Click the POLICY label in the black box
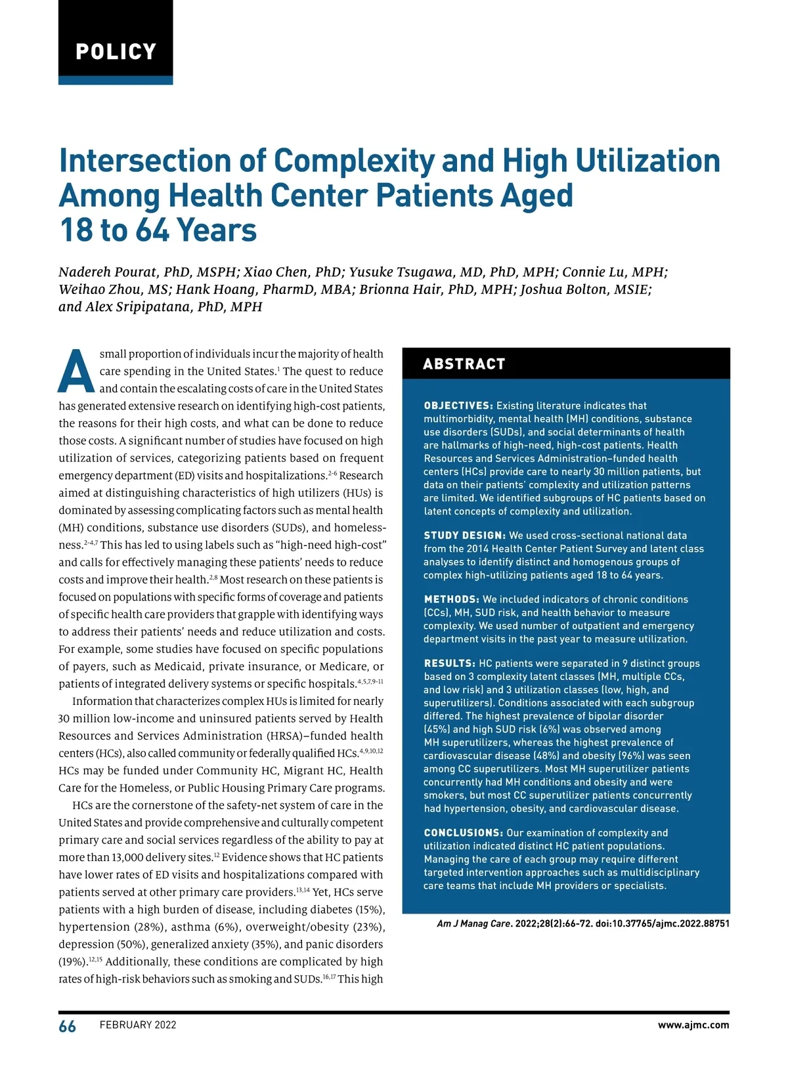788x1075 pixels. [x=116, y=51]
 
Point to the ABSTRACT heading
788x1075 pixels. [x=464, y=364]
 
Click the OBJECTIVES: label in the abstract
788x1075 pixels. [x=458, y=406]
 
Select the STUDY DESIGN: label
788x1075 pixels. [x=464, y=536]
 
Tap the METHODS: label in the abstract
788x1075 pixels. [x=451, y=599]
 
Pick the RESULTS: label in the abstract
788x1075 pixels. [x=449, y=664]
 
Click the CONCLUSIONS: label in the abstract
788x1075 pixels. [x=464, y=833]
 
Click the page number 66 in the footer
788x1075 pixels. [x=67, y=1026]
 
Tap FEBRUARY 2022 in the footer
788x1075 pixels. [x=138, y=1025]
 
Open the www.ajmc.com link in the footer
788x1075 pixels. [x=693, y=1025]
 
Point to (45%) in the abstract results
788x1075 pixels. [x=437, y=730]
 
